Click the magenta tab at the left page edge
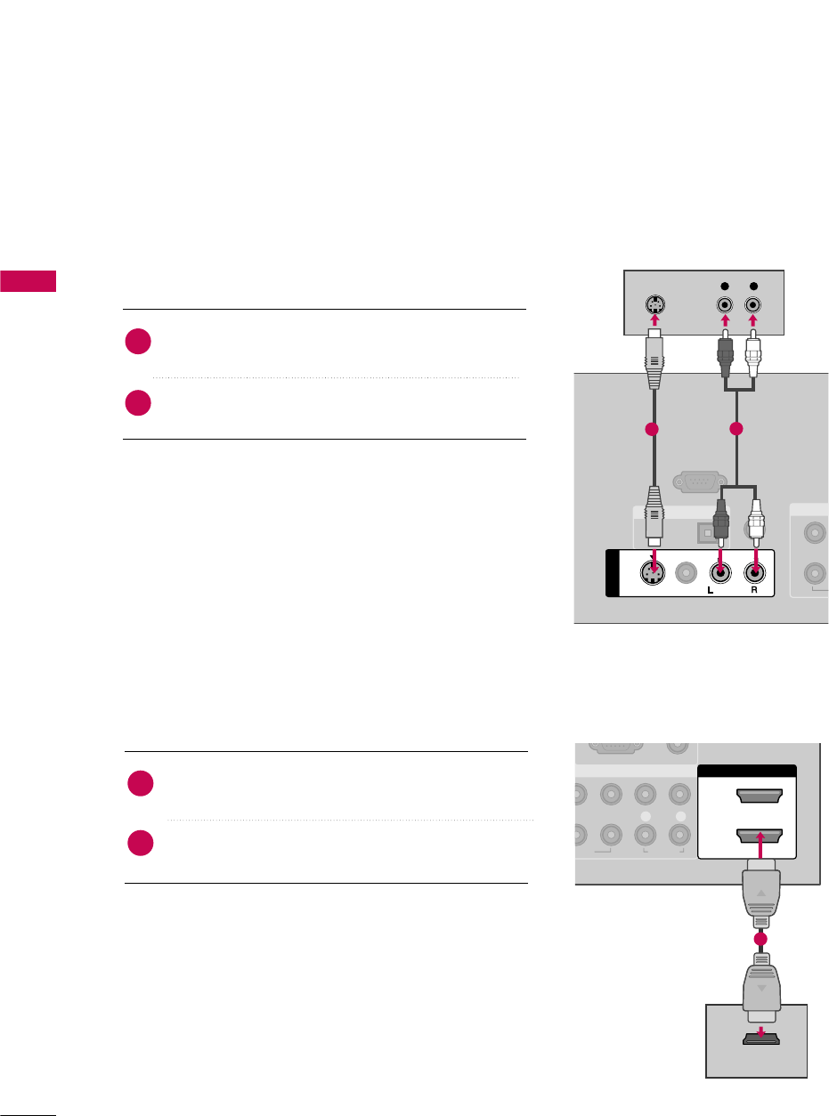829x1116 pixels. [x=28, y=281]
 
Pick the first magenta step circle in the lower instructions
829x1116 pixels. [x=139, y=784]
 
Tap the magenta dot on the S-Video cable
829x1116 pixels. [x=652, y=430]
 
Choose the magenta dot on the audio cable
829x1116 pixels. [x=736, y=430]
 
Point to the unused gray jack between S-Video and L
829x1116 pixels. [x=687, y=574]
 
